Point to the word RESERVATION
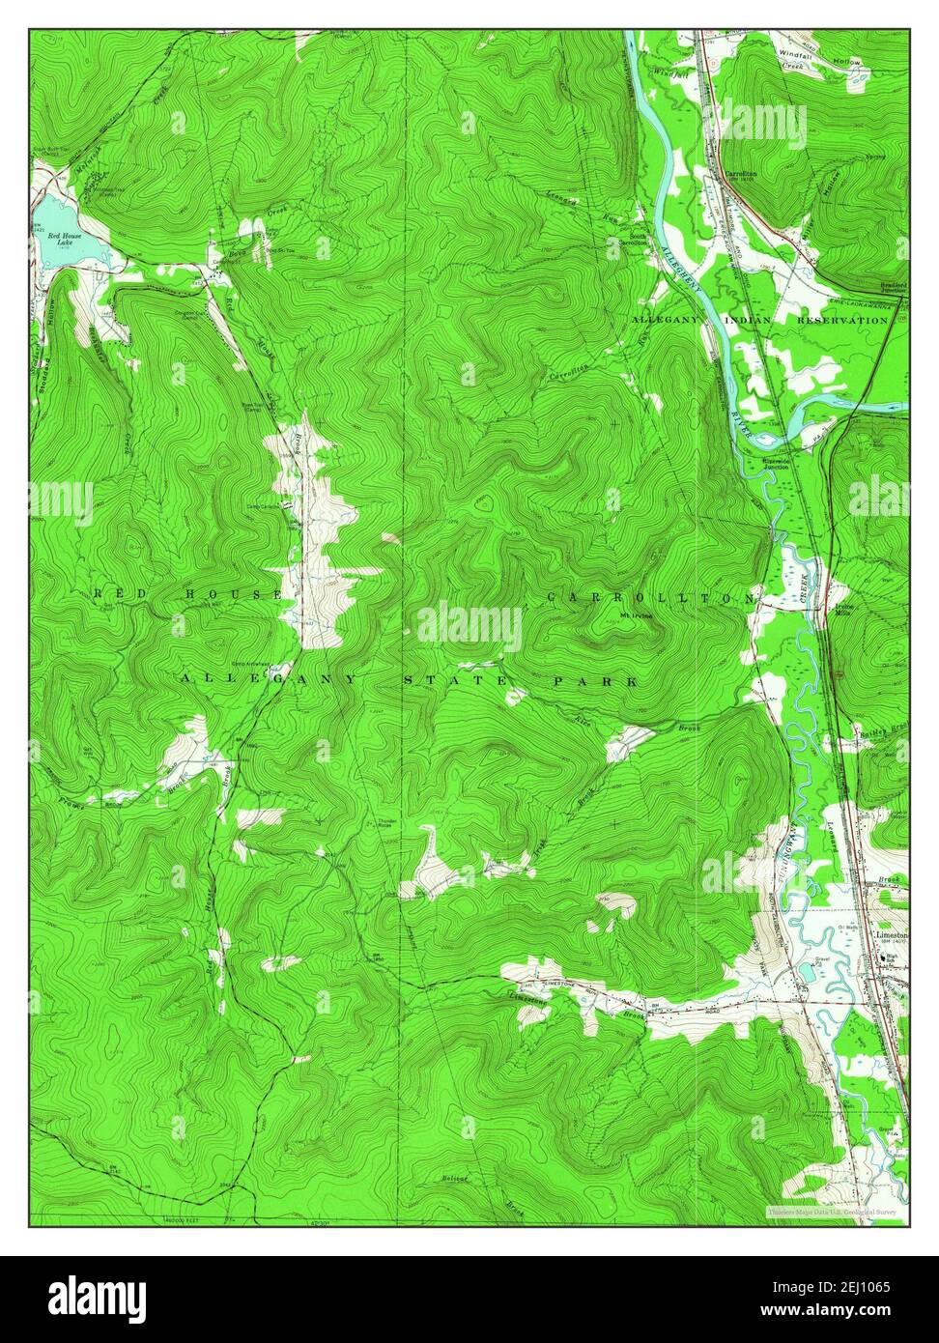[841, 319]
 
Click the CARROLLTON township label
[649, 598]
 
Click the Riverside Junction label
[754, 463]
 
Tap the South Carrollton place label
[637, 240]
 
